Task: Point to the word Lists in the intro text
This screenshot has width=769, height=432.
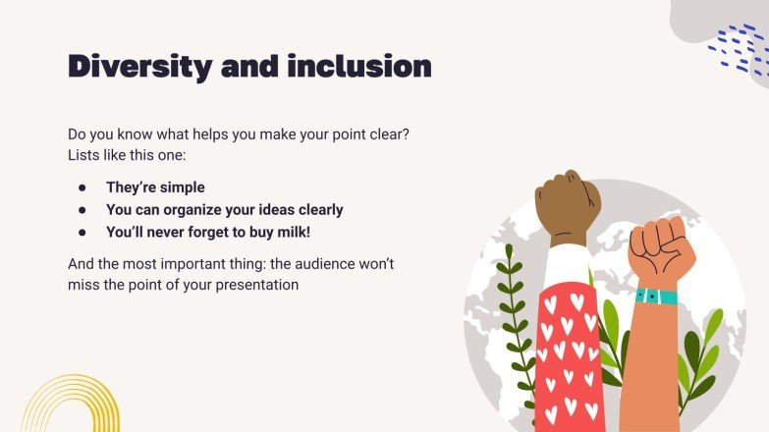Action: [x=84, y=155]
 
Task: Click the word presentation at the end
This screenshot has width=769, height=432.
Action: [x=253, y=285]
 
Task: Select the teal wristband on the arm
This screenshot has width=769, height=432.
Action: [x=655, y=296]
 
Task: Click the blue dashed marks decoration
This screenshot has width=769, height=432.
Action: [x=738, y=51]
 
